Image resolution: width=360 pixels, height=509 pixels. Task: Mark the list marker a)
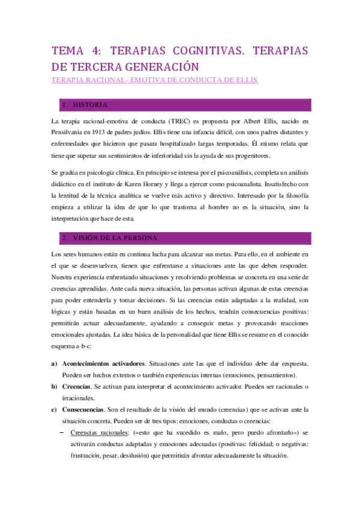[x=55, y=364]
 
